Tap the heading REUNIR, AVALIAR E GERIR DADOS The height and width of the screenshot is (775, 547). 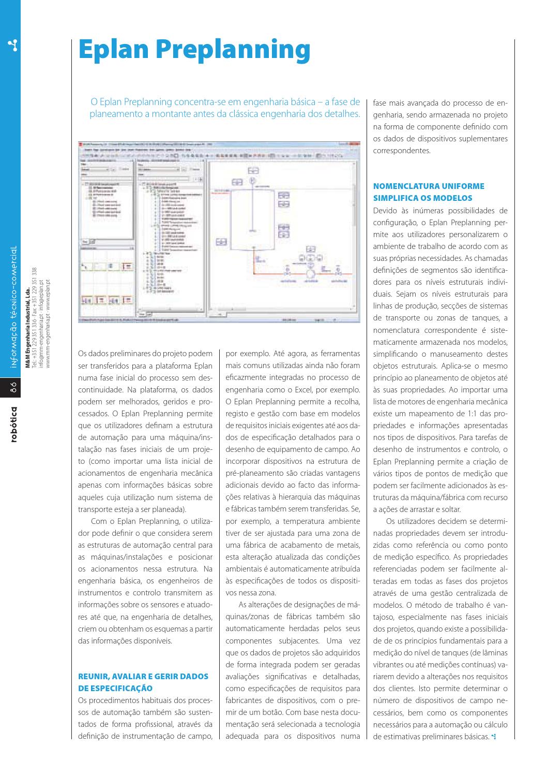pyautogui.click(x=143, y=676)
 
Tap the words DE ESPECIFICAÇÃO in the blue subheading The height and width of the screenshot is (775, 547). pyautogui.click(x=115, y=689)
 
